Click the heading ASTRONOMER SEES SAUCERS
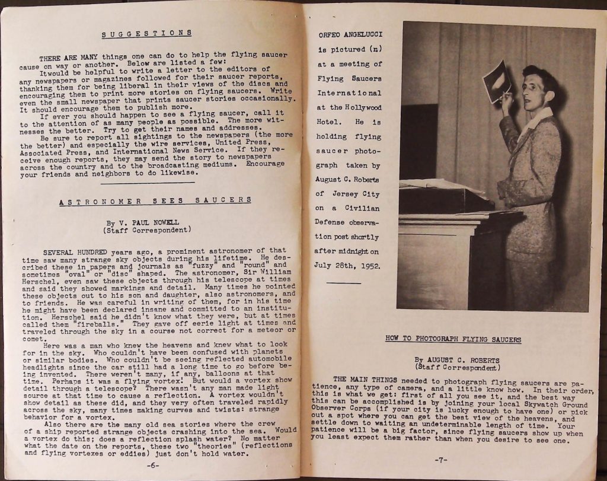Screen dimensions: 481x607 pyautogui.click(x=155, y=200)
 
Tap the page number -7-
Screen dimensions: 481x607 pyautogui.click(x=441, y=460)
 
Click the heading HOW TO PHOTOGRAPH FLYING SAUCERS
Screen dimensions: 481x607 pyautogui.click(x=453, y=339)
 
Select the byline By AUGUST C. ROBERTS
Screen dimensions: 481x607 pyautogui.click(x=457, y=360)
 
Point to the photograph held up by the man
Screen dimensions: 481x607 pyautogui.click(x=497, y=81)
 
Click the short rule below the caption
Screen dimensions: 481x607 pyautogui.click(x=344, y=283)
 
